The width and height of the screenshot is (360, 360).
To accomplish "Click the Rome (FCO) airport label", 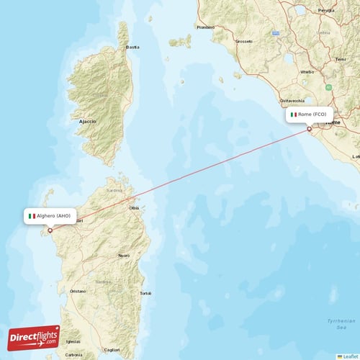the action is [310, 114].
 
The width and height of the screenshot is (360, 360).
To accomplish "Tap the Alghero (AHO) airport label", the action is [50, 216].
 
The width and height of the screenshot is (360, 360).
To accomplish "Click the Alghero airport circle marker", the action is [50, 230].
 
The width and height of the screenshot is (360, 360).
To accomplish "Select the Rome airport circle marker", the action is [310, 129].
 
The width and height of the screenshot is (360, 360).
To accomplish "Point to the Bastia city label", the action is [132, 48].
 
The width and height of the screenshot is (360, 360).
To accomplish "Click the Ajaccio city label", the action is [89, 122].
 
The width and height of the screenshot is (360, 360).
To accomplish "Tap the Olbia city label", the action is [134, 207].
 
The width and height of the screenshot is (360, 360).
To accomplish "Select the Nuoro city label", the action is [124, 256].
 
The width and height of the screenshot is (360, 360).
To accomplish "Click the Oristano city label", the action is [78, 291].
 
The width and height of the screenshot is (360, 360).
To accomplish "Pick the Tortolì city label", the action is [145, 293].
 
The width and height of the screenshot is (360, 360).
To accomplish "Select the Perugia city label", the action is [326, 10].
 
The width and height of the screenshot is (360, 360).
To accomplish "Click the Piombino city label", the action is [205, 27].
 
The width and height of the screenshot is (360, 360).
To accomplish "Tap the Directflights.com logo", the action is [34, 337].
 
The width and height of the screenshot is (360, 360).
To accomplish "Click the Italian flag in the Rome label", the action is [293, 114].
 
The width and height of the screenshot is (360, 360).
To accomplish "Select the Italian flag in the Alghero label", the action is [32, 216].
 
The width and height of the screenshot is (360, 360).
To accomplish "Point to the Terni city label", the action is [340, 60].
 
